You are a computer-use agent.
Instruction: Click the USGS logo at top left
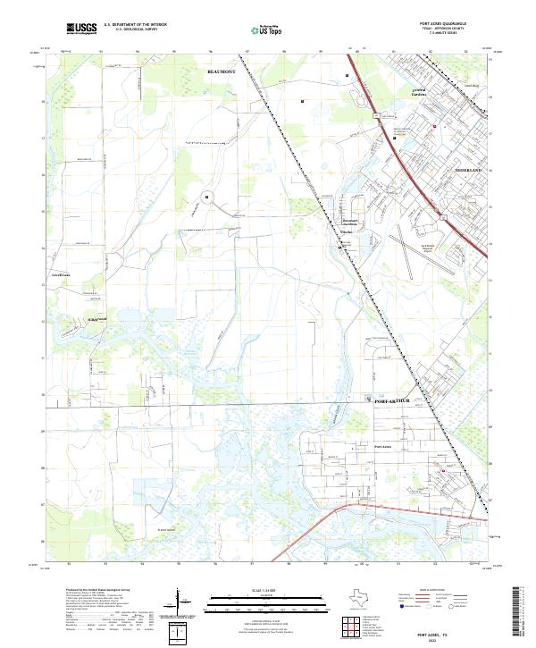click(81, 29)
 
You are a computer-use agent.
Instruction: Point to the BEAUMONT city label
click(220, 69)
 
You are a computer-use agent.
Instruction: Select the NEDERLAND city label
click(467, 169)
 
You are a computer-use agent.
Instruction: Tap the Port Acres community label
click(382, 446)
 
